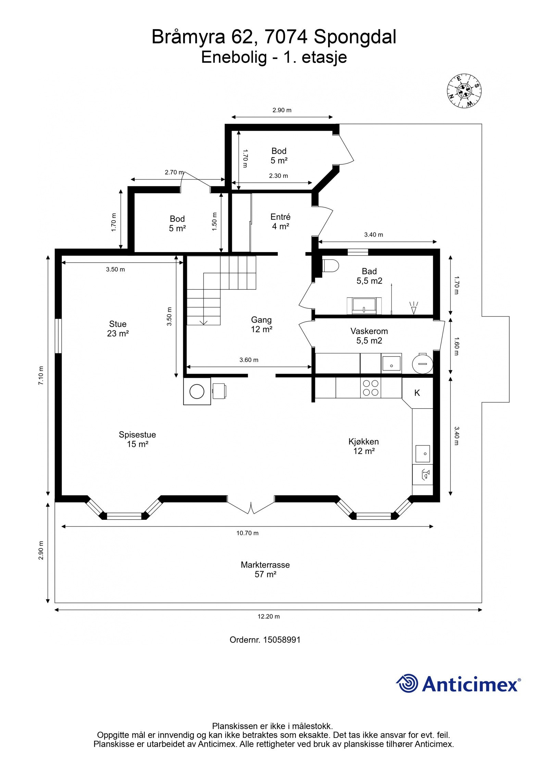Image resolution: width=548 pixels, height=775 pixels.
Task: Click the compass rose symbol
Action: [464, 91]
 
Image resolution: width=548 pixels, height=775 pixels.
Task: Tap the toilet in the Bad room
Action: [330, 265]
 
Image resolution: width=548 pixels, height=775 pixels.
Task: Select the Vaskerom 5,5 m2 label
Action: [369, 336]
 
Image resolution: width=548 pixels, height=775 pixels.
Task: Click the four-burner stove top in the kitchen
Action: [371, 388]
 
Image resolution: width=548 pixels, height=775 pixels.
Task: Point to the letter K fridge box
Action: [417, 393]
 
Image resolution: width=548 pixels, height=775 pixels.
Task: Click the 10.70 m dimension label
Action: [247, 533]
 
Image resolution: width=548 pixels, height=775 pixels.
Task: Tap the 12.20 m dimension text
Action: [269, 616]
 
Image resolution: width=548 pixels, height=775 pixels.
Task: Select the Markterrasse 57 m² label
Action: [265, 570]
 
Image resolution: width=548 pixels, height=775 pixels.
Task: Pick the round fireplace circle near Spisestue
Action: [197, 391]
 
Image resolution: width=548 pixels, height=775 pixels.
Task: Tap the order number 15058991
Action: [282, 640]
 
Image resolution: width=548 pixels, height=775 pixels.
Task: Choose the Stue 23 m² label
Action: [117, 328]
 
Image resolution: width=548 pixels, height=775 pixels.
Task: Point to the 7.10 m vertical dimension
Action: [41, 375]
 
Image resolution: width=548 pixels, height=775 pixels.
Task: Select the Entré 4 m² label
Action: [280, 221]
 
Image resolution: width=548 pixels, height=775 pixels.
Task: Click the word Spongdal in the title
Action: [355, 37]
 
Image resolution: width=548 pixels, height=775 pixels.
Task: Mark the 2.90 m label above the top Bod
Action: [282, 110]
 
